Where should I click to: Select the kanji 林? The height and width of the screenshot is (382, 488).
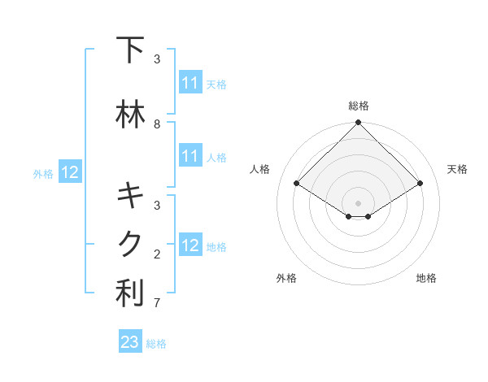point(130,115)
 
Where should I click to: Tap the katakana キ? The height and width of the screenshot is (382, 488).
point(130,196)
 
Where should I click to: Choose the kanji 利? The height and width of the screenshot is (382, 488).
point(130,293)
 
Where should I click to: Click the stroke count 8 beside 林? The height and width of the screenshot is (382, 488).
point(157,124)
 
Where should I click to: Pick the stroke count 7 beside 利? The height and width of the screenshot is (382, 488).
point(157,303)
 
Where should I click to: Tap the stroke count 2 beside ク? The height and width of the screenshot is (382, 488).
point(157,254)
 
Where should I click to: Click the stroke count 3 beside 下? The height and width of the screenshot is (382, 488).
point(157,59)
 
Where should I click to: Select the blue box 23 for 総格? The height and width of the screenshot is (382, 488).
point(130,342)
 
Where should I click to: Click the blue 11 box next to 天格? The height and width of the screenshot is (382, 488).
point(190,83)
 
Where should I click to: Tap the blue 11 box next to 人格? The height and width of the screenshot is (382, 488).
point(190,156)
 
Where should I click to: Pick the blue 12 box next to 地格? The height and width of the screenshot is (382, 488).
point(190,245)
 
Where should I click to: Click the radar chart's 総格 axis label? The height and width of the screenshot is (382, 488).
point(359,106)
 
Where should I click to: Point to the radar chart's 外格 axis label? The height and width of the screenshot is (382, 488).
point(286,278)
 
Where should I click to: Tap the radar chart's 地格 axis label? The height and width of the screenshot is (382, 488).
point(426,278)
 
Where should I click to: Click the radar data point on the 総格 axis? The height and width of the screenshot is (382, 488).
point(358,123)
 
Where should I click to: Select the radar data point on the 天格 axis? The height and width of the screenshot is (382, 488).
point(420,183)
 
